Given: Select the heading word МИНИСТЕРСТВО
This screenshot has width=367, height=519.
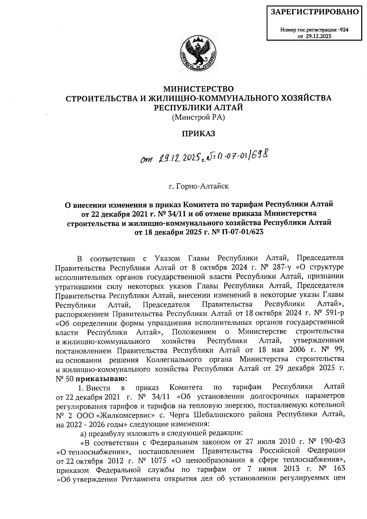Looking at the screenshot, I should pyautogui.click(x=198, y=89).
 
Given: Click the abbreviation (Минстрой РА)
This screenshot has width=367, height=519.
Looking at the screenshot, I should pyautogui.click(x=198, y=117).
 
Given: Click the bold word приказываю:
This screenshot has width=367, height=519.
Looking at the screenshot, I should pyautogui.click(x=101, y=379).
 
